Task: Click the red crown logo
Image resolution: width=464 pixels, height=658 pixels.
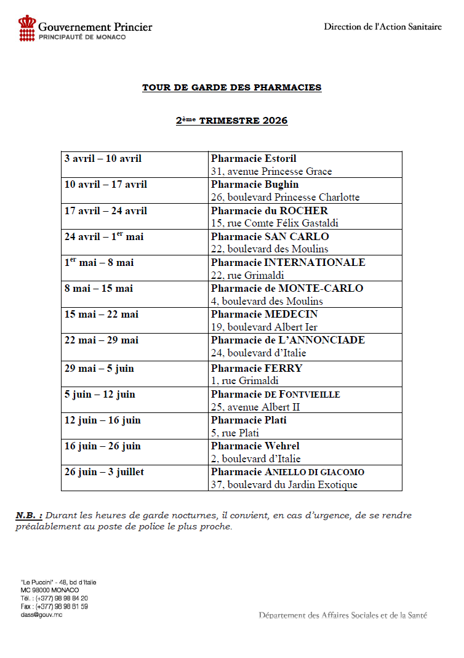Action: click(27, 28)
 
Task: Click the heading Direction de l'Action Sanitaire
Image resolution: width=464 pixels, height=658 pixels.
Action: click(383, 27)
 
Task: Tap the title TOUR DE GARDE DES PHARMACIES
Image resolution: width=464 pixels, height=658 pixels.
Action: click(231, 87)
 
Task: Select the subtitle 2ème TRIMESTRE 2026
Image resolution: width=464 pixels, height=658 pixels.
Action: click(231, 121)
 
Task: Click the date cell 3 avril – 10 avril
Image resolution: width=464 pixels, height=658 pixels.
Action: click(103, 159)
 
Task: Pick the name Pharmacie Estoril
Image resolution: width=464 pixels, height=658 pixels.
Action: click(254, 159)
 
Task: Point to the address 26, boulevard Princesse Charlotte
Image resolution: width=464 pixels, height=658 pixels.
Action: click(285, 198)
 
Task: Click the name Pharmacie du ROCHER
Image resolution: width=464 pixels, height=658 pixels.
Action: click(270, 211)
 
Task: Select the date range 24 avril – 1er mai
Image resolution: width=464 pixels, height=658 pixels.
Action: click(103, 236)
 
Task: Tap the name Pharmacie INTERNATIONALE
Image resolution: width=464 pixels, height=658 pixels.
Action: click(288, 262)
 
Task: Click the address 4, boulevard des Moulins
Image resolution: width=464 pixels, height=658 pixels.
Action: click(266, 301)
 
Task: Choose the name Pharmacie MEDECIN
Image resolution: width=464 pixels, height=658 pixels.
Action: click(265, 314)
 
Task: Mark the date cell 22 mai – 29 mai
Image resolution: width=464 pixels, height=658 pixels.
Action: click(101, 340)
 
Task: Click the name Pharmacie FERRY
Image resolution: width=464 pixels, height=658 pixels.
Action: click(257, 368)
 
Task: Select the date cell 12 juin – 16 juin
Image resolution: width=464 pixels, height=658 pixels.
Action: click(102, 420)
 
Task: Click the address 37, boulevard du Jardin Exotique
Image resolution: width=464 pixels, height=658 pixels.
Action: click(284, 484)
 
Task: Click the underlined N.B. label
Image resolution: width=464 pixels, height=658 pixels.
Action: click(29, 515)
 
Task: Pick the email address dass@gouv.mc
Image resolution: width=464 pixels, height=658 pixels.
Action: click(41, 614)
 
